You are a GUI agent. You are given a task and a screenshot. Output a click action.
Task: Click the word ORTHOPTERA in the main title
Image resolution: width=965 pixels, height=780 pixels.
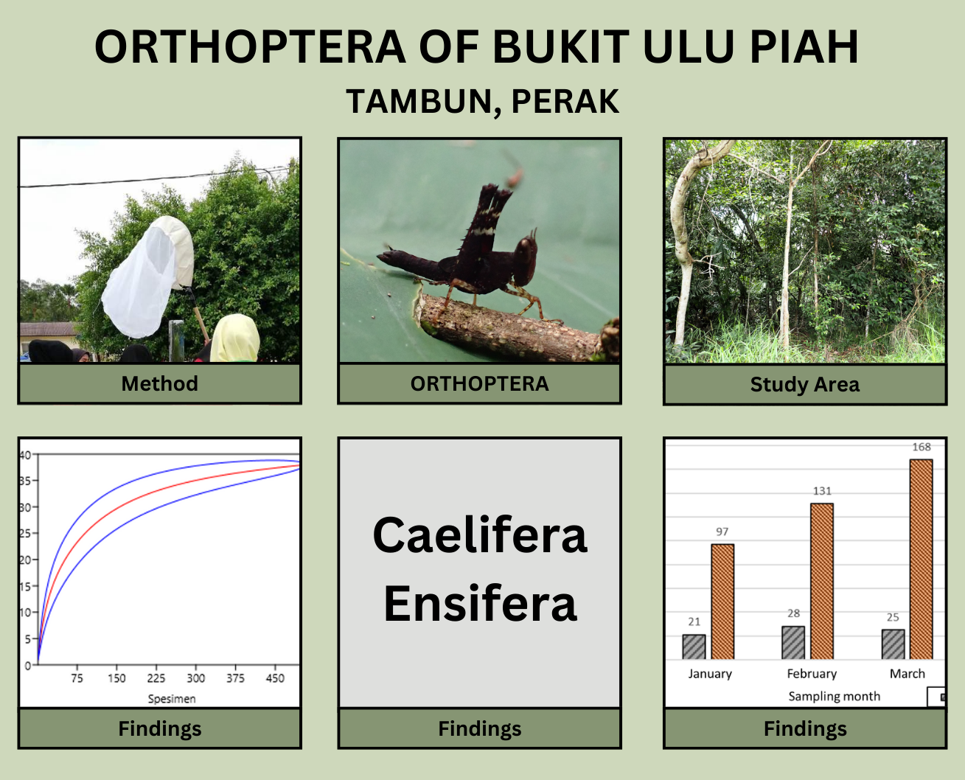(250, 46)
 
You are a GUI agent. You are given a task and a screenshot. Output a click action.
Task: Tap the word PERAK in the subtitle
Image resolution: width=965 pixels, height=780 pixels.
(565, 102)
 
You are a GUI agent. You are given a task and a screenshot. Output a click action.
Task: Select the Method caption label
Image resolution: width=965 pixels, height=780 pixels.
(159, 383)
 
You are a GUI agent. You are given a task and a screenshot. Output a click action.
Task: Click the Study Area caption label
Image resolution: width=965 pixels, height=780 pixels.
(804, 385)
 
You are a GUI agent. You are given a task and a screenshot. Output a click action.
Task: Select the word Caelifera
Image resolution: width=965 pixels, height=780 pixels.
(480, 535)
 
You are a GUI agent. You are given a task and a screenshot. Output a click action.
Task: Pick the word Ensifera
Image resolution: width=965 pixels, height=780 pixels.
(480, 603)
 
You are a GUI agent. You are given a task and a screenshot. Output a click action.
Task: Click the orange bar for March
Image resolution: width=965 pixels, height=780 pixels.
(921, 559)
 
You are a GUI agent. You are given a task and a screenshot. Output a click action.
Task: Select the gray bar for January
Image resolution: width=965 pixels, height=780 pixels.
(694, 647)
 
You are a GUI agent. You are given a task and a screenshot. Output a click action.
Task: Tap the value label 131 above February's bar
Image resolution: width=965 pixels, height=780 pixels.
(822, 491)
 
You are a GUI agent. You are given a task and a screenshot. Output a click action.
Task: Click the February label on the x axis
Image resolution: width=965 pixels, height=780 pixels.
(812, 674)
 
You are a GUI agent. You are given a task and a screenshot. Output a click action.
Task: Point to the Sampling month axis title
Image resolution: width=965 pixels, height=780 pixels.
(834, 696)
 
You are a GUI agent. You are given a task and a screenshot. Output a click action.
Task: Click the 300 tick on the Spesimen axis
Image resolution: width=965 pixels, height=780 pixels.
(195, 678)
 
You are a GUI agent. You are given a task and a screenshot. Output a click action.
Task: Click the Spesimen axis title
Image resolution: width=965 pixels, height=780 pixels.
(172, 699)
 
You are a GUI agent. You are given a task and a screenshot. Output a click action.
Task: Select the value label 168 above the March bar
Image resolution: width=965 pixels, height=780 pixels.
(922, 447)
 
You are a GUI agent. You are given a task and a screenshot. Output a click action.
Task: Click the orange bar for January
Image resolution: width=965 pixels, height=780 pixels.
(722, 602)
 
